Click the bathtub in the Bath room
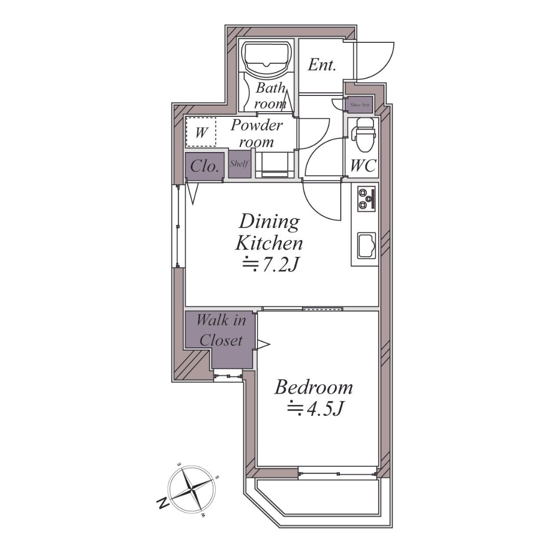pos(268,58)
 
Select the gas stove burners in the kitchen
pos(366,199)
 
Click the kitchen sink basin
pos(366,245)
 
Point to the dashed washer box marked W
pos(201,132)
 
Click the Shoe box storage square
pos(360,105)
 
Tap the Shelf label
pos(239,164)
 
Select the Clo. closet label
pos(205,166)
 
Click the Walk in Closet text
pos(221,330)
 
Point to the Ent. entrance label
pos(321,65)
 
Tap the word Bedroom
pos(313,387)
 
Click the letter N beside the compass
pos(162,504)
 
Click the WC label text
pos(363,165)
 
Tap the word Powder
pos(257,125)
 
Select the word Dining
pos(269,222)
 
